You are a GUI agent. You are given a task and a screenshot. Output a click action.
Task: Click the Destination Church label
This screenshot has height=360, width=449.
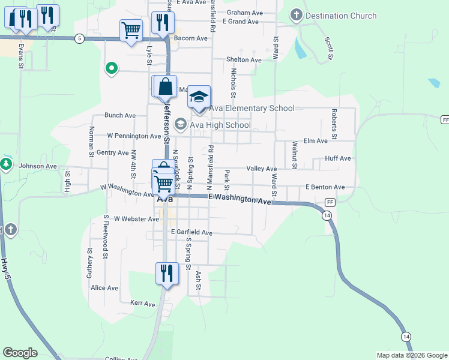335,14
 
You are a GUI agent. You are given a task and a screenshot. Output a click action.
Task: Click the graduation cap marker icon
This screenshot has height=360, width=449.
199,96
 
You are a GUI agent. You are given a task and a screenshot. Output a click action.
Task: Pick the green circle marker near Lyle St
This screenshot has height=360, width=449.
111,69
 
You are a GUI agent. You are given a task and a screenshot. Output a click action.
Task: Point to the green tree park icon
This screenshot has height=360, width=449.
6,164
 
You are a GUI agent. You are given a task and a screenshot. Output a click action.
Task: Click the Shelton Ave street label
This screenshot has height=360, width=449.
244,60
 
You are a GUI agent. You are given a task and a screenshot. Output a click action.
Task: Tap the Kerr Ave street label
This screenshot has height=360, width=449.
143,304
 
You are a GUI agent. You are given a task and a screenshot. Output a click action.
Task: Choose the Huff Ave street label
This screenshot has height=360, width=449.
337,158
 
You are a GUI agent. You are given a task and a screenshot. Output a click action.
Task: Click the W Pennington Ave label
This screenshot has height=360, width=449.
125,136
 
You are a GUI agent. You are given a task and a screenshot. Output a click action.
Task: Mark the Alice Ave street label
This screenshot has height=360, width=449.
104,288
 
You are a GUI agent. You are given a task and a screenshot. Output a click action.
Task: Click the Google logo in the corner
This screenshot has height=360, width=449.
20,353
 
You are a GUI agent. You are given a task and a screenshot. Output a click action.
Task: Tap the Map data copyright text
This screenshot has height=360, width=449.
412,355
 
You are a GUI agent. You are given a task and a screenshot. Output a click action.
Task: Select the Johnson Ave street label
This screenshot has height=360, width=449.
37,166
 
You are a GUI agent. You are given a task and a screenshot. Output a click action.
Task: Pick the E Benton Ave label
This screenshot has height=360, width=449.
325,187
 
